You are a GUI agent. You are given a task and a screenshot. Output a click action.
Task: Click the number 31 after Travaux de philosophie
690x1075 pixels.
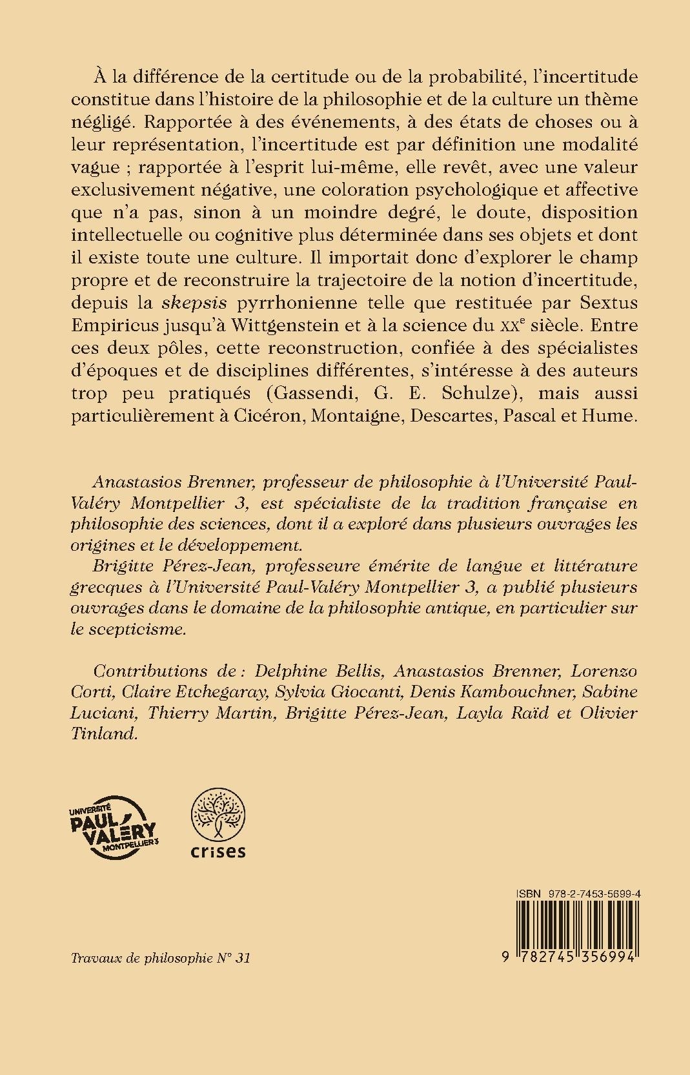click(x=241, y=957)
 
